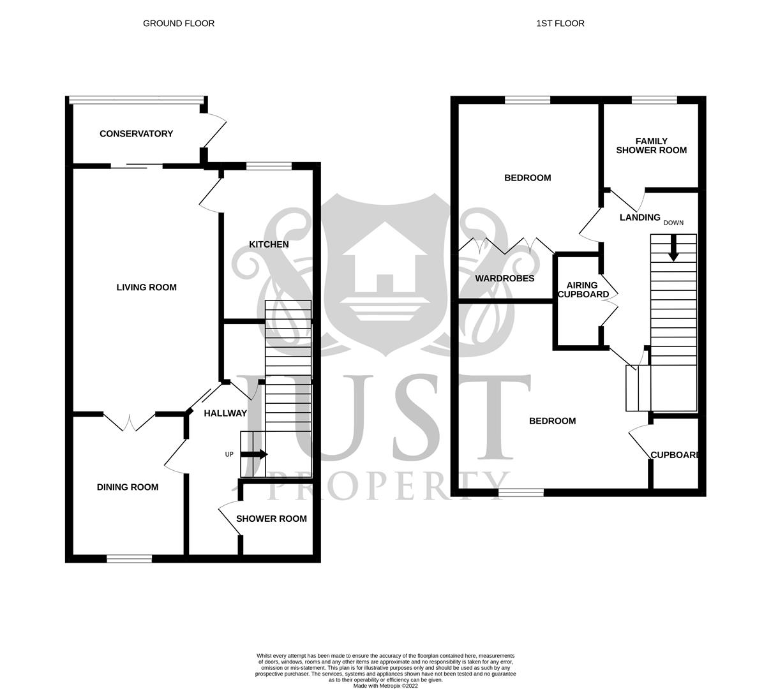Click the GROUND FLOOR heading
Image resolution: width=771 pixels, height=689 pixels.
(x=179, y=24)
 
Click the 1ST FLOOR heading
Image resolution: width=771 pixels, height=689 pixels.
(x=560, y=24)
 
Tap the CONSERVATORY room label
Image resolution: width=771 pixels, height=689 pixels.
(x=136, y=134)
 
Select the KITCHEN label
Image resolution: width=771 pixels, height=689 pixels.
(x=269, y=244)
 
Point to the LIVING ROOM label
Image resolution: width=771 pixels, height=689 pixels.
(x=146, y=288)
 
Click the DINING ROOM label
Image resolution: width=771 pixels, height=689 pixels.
(x=128, y=487)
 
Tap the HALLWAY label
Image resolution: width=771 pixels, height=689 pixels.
(x=225, y=413)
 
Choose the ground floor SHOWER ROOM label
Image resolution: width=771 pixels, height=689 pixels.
(x=271, y=519)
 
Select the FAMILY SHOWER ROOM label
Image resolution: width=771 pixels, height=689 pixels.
(x=651, y=146)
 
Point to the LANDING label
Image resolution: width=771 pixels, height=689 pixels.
(x=640, y=218)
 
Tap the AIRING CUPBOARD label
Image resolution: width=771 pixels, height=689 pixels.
(x=583, y=290)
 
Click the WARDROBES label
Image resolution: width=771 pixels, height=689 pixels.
(x=504, y=279)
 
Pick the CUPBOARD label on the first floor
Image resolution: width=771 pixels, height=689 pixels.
(x=675, y=456)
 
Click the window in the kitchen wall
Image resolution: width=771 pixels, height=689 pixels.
(x=269, y=167)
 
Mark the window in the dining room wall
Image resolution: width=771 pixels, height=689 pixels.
(x=130, y=559)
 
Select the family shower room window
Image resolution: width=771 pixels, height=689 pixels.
(x=654, y=100)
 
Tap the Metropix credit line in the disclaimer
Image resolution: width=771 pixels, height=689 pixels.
(x=385, y=686)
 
